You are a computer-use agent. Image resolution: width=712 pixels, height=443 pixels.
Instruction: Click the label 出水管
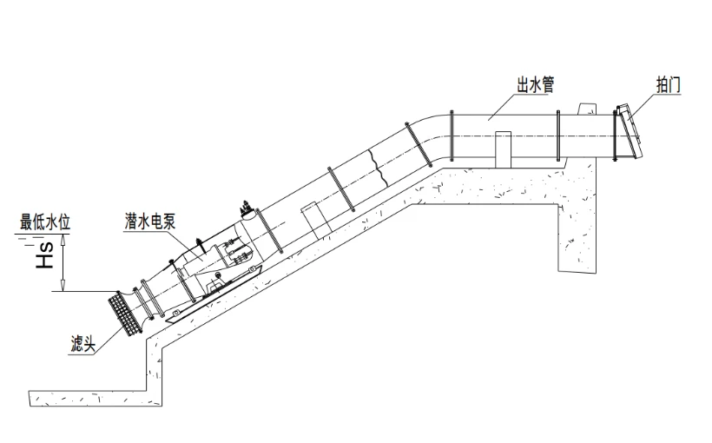click(536, 85)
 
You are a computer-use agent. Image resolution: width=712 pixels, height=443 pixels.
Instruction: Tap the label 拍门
click(669, 85)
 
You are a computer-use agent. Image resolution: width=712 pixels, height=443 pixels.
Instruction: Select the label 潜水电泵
click(150, 221)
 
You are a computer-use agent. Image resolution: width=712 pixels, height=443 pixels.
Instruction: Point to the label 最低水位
click(45, 222)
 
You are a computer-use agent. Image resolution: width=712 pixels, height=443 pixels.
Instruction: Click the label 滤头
click(83, 344)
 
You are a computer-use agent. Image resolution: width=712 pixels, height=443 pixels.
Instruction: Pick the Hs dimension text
click(45, 255)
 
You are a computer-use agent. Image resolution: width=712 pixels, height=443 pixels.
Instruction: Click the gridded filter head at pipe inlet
click(123, 314)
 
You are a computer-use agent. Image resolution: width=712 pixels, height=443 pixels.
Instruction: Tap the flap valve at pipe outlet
click(630, 132)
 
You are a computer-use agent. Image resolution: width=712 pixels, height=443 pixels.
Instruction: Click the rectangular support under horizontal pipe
click(503, 149)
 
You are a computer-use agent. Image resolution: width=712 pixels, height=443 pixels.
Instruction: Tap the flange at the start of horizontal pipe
click(452, 136)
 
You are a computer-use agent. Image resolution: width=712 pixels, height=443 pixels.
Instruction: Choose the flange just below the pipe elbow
click(418, 144)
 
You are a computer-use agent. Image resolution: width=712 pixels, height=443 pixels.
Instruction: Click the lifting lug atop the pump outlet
click(246, 208)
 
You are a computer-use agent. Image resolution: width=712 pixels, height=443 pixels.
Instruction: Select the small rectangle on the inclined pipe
click(313, 220)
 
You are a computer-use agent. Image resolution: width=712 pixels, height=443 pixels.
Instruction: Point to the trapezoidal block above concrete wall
click(586, 109)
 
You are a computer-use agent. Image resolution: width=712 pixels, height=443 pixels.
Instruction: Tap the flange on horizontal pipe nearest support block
click(558, 136)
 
